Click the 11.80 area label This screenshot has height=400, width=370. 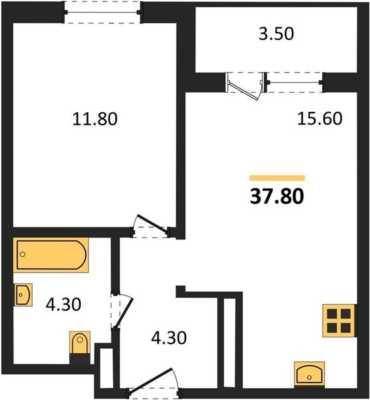point(94,119)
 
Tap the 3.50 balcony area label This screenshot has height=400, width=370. point(275,35)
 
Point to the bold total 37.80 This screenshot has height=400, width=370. point(276,197)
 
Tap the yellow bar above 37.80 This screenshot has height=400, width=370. point(277,178)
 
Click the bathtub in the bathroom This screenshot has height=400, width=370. point(52,255)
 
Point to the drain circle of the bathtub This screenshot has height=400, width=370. point(23,254)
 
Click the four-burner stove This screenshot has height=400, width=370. point(337,319)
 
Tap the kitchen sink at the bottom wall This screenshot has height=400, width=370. point(310,374)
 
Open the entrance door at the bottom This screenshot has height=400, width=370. point(151,386)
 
